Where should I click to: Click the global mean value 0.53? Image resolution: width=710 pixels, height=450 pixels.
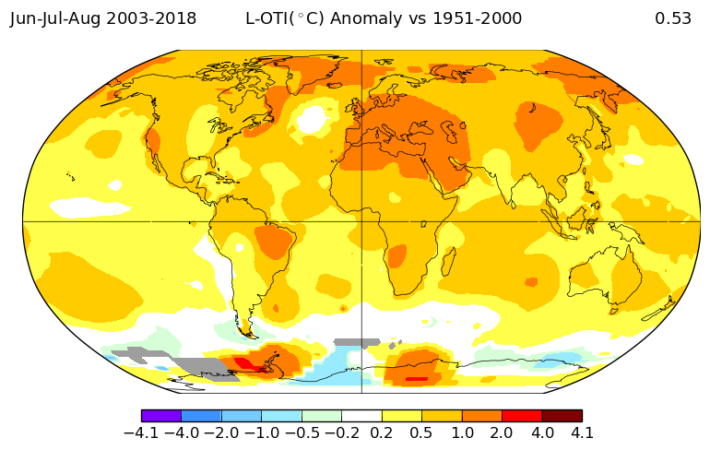coord(673,18)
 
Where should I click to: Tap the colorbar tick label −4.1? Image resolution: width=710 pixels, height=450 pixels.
coord(141,432)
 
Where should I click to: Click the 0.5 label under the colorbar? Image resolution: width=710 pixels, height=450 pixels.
coord(422,432)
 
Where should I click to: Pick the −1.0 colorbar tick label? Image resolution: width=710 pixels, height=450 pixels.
coord(261,432)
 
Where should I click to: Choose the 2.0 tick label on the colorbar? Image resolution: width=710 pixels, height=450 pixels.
coord(503,432)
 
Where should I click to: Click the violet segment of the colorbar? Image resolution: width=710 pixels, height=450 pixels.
coord(161,416)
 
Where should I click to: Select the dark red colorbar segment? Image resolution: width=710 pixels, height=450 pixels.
coord(562,416)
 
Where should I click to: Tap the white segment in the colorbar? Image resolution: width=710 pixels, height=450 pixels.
coord(361,416)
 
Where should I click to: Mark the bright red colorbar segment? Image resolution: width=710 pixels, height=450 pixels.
coord(522,416)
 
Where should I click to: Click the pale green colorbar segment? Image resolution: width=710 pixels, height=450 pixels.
coord(322,416)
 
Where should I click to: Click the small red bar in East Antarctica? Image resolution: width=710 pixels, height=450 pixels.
coord(417,378)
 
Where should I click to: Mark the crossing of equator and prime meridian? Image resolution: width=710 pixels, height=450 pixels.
coord(361,221)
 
